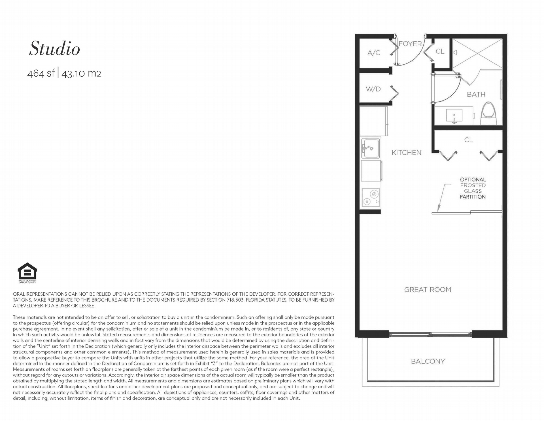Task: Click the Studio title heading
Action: pyautogui.click(x=54, y=49)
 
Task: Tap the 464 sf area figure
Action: pyautogui.click(x=41, y=73)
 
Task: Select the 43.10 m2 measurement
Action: pyautogui.click(x=81, y=73)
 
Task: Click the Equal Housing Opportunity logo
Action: pyautogui.click(x=27, y=273)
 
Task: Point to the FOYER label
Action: pyautogui.click(x=410, y=44)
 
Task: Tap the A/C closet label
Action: pyautogui.click(x=374, y=53)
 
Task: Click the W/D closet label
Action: pyautogui.click(x=373, y=89)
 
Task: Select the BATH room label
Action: pyautogui.click(x=476, y=94)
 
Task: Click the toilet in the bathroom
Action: pyautogui.click(x=489, y=113)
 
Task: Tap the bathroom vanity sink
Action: pyautogui.click(x=454, y=116)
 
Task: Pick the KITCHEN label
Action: pyautogui.click(x=406, y=153)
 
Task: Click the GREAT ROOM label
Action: pyautogui.click(x=428, y=290)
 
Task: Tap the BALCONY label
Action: pyautogui.click(x=428, y=361)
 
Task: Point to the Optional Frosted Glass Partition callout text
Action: pyautogui.click(x=473, y=188)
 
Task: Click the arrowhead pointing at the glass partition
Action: pyautogui.click(x=438, y=209)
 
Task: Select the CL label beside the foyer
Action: pyautogui.click(x=440, y=51)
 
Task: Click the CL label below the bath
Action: pyautogui.click(x=468, y=140)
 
